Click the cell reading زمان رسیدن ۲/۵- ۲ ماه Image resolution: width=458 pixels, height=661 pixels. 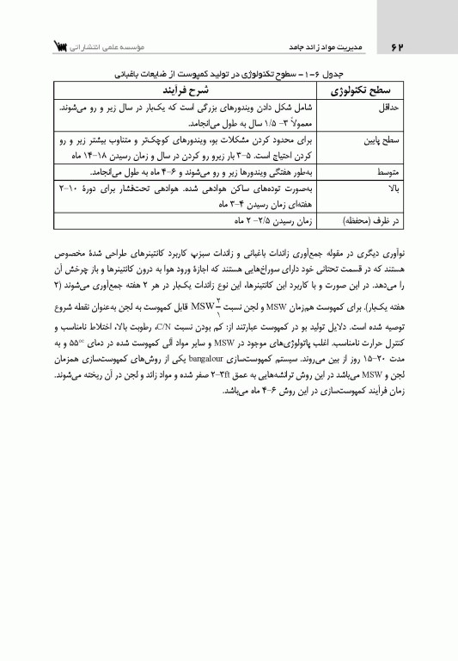coord(259,221)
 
